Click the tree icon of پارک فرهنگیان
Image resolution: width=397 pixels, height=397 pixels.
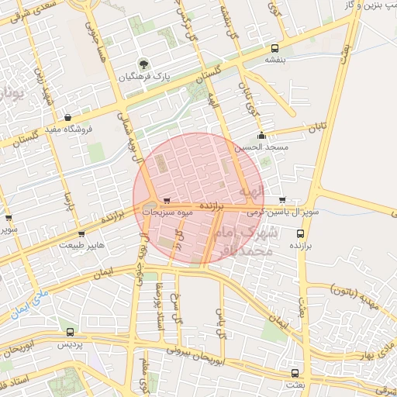pos(142,64)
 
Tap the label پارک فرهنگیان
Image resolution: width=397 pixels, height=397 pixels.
pos(144,78)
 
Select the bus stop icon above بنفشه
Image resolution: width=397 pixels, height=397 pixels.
pos(274,47)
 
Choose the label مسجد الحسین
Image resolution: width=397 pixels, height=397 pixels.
pos(265,147)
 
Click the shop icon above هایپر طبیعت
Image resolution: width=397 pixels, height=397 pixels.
pos(81,233)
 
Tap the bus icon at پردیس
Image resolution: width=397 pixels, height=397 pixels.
pos(71,331)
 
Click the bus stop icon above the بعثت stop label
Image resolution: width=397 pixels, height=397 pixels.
pos(293,373)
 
